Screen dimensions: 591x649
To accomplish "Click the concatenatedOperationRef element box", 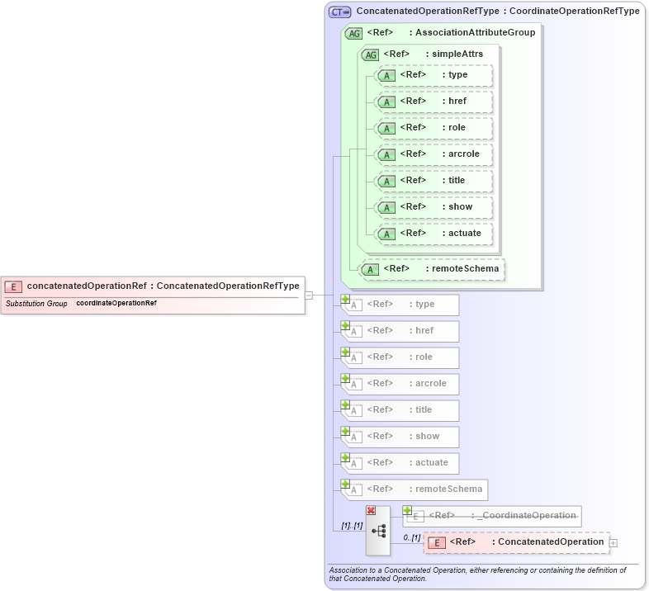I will pos(153,286).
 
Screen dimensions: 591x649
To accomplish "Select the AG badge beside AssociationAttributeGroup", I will pos(353,33).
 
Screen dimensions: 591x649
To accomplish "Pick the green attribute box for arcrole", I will pos(434,154).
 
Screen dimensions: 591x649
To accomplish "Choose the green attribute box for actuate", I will pos(434,233).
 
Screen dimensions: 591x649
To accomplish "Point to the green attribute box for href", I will pos(434,101).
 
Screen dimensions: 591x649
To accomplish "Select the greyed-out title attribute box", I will pos(400,410).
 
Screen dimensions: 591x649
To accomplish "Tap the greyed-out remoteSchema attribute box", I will pos(415,489).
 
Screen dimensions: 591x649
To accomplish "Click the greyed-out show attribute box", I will pos(400,437).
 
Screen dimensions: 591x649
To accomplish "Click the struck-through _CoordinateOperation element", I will pos(492,516).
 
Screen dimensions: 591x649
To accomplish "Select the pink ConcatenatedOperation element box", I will pos(517,542).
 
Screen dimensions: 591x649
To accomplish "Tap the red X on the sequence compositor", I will pos(371,511).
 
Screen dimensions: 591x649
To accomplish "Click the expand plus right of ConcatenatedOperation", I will pos(613,542).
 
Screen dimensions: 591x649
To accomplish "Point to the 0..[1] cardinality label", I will pos(411,537).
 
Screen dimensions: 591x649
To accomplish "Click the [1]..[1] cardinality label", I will pos(353,526).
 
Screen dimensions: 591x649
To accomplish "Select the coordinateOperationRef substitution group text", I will pos(116,304).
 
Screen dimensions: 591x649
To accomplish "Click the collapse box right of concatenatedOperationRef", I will pos(308,295).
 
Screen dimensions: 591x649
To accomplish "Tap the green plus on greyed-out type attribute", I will pos(346,300).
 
